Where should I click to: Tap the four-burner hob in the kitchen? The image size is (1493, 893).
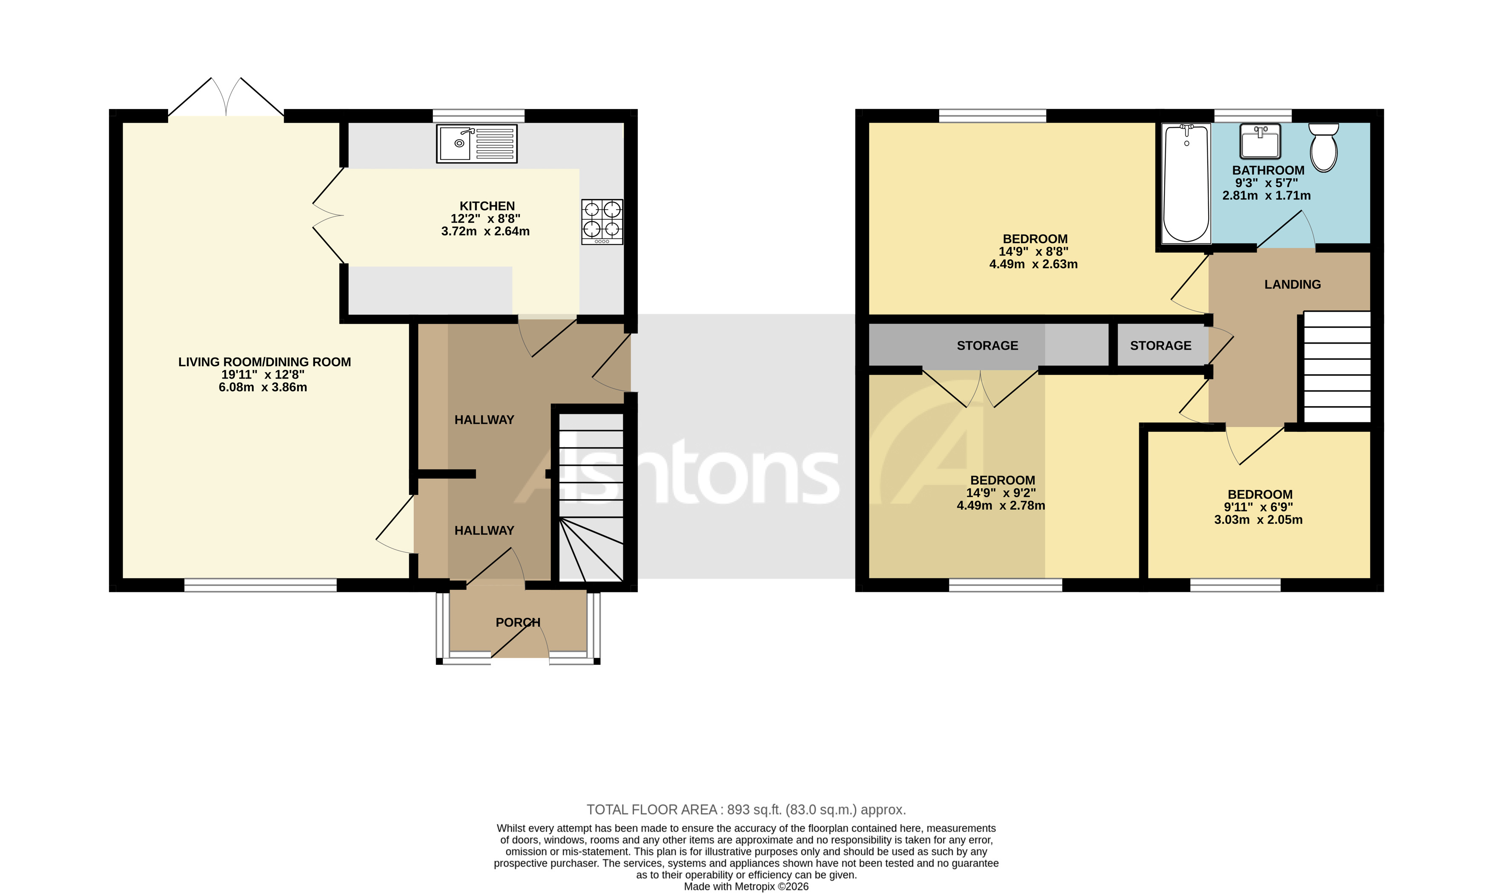(602, 221)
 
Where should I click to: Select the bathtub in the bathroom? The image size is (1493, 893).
(1186, 183)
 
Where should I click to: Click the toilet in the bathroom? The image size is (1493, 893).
(1324, 147)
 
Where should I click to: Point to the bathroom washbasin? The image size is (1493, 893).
(1260, 141)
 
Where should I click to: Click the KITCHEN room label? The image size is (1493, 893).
(487, 206)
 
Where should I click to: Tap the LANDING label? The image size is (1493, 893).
(1292, 284)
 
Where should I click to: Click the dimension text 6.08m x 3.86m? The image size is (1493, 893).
(263, 388)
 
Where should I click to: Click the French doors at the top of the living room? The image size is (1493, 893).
(226, 99)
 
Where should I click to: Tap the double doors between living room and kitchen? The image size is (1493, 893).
(328, 215)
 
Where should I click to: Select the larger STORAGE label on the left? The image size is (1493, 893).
(987, 345)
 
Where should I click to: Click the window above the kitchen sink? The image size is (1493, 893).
(478, 115)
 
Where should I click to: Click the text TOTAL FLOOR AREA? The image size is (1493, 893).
(651, 810)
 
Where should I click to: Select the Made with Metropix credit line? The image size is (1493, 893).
(746, 886)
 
